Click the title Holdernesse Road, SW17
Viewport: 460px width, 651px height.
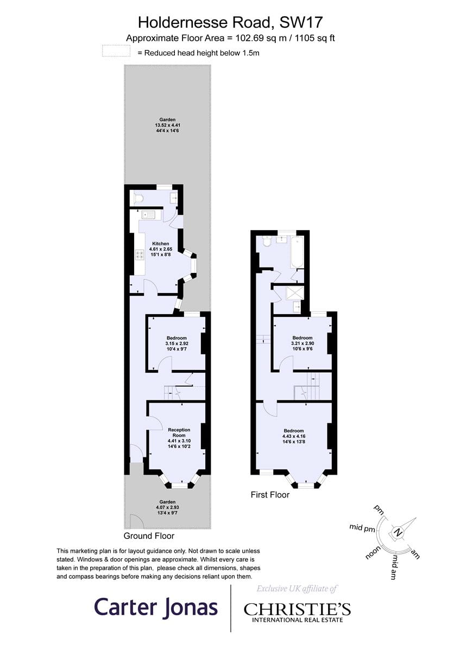pos(230,22)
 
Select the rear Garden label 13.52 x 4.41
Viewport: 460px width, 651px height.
pos(167,125)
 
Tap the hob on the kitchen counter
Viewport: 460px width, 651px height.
pos(138,254)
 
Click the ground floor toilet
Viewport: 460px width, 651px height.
pos(137,198)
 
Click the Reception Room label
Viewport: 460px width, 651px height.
pos(179,435)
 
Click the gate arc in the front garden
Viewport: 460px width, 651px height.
pos(136,521)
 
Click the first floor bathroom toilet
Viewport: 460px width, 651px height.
pos(266,242)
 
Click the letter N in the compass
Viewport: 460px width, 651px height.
pos(398,532)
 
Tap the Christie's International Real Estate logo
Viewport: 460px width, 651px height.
pos(297,611)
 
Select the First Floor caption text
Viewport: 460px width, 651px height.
pos(270,495)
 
